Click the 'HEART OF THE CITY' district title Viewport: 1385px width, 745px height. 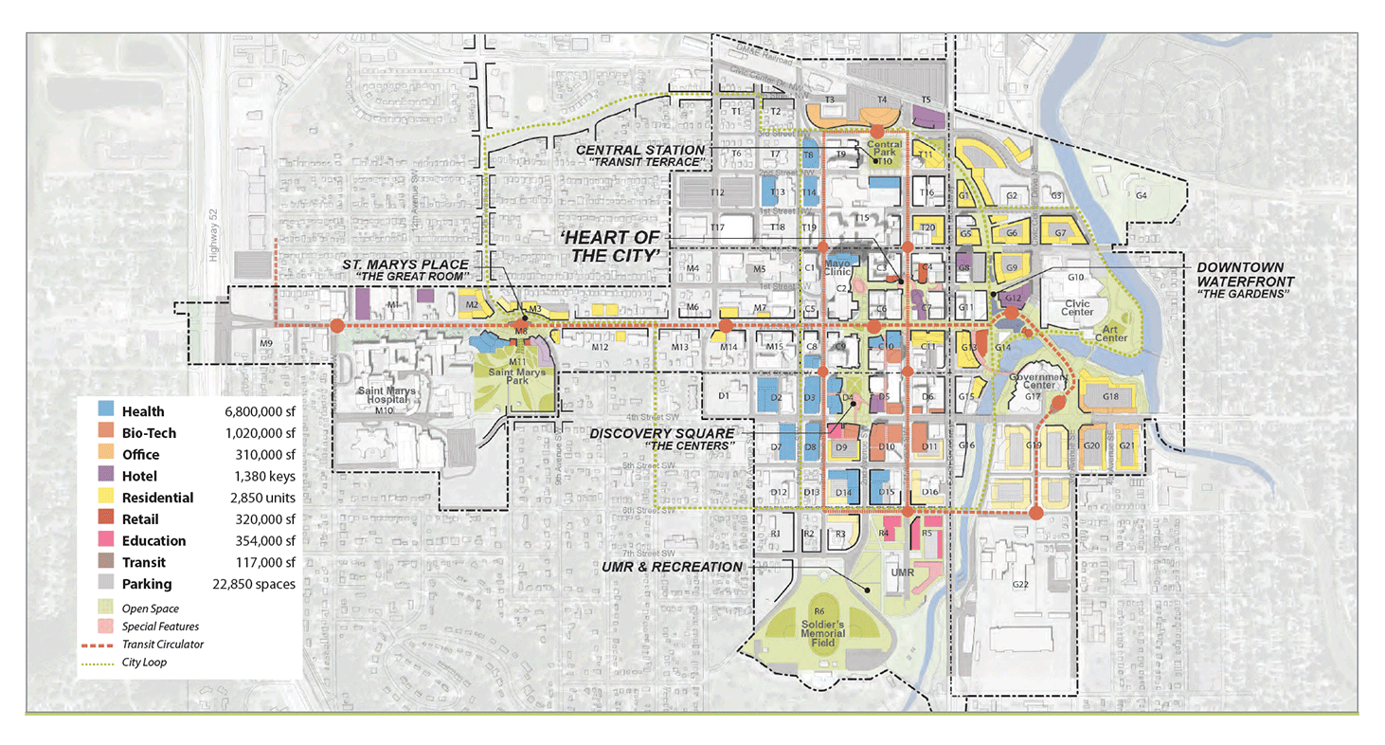tap(616, 246)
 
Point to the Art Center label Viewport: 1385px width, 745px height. tap(1111, 333)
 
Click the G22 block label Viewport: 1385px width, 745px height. tap(1019, 585)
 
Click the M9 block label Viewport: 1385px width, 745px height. tap(266, 343)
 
